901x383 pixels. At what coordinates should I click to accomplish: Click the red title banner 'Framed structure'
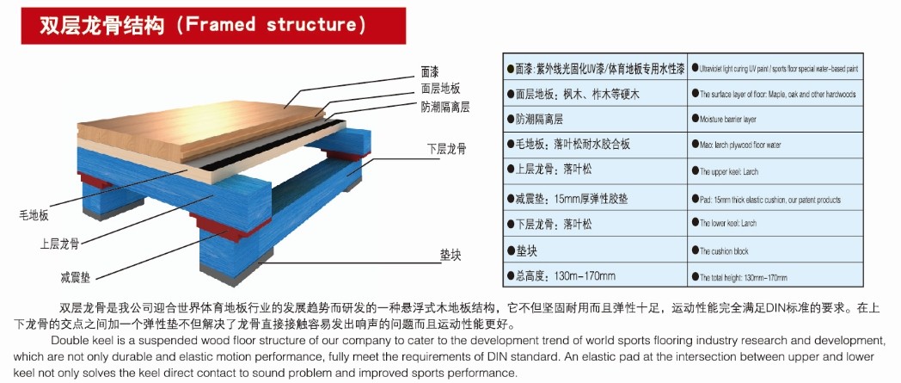[203, 24]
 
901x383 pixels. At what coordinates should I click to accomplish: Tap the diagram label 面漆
[431, 71]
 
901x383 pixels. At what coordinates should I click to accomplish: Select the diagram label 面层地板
[441, 89]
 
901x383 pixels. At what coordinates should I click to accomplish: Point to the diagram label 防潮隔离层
[445, 107]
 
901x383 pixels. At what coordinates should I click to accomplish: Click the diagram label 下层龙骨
[445, 149]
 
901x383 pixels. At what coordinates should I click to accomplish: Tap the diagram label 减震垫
[75, 278]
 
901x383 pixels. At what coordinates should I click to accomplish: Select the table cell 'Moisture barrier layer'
[730, 120]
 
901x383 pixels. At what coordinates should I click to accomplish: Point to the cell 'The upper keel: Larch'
[728, 172]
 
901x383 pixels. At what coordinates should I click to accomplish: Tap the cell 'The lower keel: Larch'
[728, 224]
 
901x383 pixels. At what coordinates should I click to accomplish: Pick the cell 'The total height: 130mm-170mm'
[744, 278]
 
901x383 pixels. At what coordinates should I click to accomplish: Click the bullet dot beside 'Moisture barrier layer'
[694, 119]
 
